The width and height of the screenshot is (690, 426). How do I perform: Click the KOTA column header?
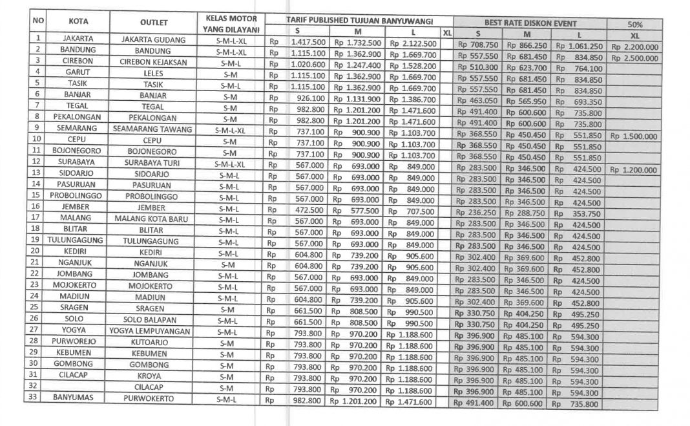(x=78, y=21)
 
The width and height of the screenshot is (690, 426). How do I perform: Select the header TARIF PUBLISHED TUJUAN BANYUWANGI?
(x=359, y=20)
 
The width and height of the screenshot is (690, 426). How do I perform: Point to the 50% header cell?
(x=634, y=24)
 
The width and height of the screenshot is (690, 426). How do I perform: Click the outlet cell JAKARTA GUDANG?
(x=153, y=39)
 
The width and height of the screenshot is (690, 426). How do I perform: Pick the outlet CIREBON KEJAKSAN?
(x=153, y=62)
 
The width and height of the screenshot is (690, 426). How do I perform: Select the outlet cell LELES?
(x=153, y=73)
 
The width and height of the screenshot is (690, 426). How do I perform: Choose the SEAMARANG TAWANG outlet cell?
(x=153, y=129)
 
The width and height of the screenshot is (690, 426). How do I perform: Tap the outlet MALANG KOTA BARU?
(x=153, y=218)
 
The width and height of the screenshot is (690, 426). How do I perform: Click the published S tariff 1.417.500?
(x=308, y=42)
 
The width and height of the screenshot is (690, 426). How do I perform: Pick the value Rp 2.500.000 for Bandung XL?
(x=635, y=58)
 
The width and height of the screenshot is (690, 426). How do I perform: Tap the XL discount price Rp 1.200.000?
(x=634, y=170)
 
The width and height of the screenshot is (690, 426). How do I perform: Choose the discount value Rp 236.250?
(x=477, y=213)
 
